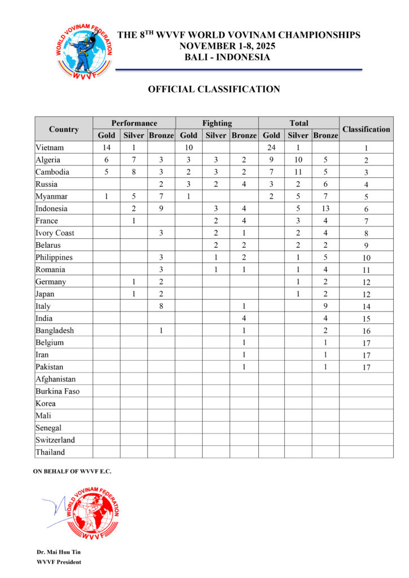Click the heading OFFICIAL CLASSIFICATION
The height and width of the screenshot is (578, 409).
214,89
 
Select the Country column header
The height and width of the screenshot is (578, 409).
64,129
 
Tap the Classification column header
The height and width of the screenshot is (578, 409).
366,129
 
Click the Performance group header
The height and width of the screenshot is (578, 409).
134,123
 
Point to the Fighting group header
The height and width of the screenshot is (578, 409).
217,123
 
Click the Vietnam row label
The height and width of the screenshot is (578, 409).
49,148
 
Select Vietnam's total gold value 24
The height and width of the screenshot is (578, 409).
271,148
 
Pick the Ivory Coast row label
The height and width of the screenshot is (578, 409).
55,233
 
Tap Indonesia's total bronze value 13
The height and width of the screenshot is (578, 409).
325,209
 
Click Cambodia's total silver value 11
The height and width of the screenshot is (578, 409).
298,172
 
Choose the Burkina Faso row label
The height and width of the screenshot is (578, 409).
57,391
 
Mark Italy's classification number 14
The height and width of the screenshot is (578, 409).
366,306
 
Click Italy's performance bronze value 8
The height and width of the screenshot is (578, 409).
161,306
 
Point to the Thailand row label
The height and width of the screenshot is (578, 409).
50,452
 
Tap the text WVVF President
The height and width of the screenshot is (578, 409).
59,562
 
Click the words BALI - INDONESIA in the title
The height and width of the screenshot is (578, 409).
227,57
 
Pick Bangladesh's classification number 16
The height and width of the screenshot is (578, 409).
366,331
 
